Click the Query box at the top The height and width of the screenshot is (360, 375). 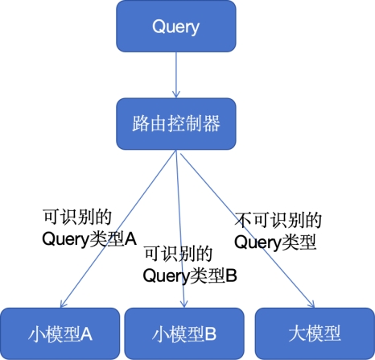point(176,27)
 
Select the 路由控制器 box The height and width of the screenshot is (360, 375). point(176,124)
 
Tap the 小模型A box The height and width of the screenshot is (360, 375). point(60,333)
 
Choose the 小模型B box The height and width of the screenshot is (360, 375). point(184,333)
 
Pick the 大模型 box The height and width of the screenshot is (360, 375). point(315,333)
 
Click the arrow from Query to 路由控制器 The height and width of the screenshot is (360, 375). point(176,75)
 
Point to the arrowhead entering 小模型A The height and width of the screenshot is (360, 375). point(63,304)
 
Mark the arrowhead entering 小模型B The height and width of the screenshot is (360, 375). point(183,304)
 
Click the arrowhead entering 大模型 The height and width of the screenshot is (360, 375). point(311,304)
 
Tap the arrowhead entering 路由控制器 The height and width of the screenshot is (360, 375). point(176,94)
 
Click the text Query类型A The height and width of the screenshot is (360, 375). point(89,239)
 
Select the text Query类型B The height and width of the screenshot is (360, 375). point(190,275)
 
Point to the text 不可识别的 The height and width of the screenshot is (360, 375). point(278,221)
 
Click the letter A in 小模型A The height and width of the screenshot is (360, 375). point(86,334)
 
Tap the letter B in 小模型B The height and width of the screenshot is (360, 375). point(211,334)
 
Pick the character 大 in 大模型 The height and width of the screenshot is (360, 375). point(297,333)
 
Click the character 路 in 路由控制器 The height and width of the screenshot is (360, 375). point(141,124)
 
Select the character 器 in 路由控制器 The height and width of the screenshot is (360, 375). point(212,124)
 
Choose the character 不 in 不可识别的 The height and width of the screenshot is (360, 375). point(243,221)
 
